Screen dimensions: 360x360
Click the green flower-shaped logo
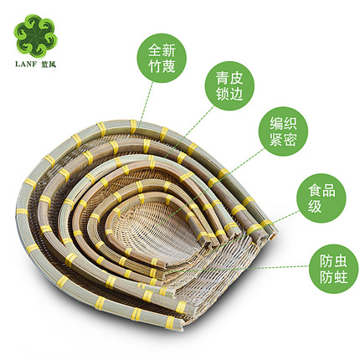pyautogui.click(x=35, y=36)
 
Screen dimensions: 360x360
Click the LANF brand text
pyautogui.click(x=26, y=64)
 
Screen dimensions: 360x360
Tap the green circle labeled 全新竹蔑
pyautogui.click(x=162, y=58)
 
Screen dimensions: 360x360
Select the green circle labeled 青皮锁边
pyautogui.click(x=229, y=86)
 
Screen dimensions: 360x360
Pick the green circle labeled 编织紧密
pyautogui.click(x=283, y=131)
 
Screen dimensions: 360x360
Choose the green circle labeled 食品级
pyautogui.click(x=321, y=198)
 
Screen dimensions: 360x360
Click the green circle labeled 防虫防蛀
pyautogui.click(x=333, y=269)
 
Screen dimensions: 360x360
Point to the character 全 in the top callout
pyautogui.click(x=155, y=50)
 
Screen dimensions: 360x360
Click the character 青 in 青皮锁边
pyautogui.click(x=223, y=78)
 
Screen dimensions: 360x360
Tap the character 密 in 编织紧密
pyautogui.click(x=291, y=139)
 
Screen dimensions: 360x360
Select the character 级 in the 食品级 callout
pyautogui.click(x=315, y=206)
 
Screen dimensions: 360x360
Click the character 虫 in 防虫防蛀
pyautogui.click(x=341, y=261)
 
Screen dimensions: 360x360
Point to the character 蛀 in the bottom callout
pyautogui.click(x=341, y=277)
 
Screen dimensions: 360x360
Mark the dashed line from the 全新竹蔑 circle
pyautogui.click(x=146, y=103)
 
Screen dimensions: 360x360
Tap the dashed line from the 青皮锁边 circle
pyautogui.click(x=189, y=131)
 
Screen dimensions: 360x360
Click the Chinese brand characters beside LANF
pyautogui.click(x=49, y=64)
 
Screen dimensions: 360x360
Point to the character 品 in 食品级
pyautogui.click(x=328, y=190)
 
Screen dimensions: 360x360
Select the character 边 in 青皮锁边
pyautogui.click(x=236, y=94)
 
